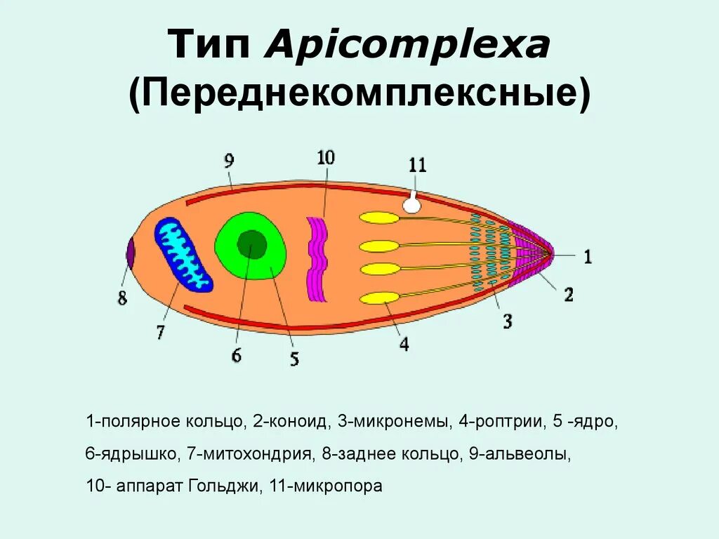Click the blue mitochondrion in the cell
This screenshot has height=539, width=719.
(183, 254)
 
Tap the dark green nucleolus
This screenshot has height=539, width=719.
(251, 244)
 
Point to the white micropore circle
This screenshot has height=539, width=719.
(412, 205)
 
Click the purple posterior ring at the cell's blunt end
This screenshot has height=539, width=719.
(130, 253)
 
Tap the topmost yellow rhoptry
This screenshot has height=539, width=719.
(379, 218)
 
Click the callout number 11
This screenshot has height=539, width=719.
(417, 165)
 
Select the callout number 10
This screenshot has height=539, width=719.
(325, 157)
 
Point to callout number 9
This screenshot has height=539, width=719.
(230, 161)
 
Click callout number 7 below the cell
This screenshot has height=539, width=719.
(160, 331)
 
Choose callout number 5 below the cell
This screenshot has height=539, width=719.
(294, 359)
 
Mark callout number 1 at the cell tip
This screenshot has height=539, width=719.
(587, 258)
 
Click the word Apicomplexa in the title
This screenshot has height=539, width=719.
(407, 47)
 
